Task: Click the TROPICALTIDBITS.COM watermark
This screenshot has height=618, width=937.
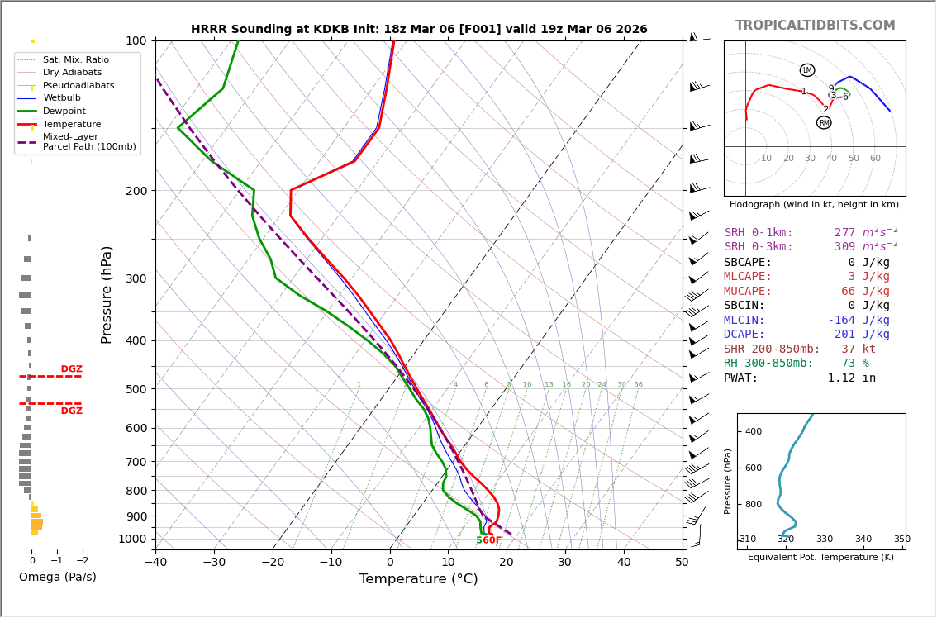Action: pyautogui.click(x=815, y=26)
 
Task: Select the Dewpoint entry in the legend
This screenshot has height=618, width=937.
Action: pyautogui.click(x=64, y=112)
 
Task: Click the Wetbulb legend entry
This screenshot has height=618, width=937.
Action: pyautogui.click(x=62, y=98)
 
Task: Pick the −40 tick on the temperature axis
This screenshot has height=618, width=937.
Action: pyautogui.click(x=155, y=563)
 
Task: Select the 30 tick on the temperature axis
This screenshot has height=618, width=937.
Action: pyautogui.click(x=564, y=563)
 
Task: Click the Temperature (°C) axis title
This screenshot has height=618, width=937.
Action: pyautogui.click(x=418, y=580)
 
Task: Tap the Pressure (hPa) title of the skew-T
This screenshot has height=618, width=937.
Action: pyautogui.click(x=107, y=294)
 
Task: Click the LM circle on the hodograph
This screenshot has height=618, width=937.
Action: pyautogui.click(x=807, y=70)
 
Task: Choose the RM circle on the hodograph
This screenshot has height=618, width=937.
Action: pyautogui.click(x=824, y=123)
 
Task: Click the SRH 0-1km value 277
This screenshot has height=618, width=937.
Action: pyautogui.click(x=844, y=233)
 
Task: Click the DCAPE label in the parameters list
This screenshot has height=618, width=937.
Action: pyautogui.click(x=748, y=335)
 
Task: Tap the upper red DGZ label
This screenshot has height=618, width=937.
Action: pyautogui.click(x=71, y=369)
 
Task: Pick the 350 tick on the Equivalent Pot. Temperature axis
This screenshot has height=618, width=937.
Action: pyautogui.click(x=901, y=540)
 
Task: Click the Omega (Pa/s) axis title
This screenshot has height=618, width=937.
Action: pyautogui.click(x=57, y=578)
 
